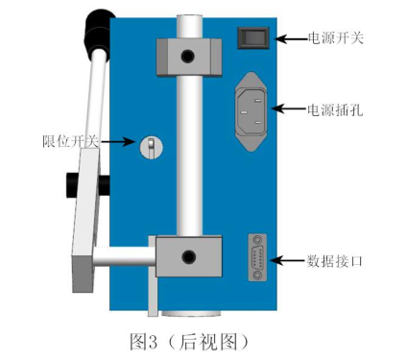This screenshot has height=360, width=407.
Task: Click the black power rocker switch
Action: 251,37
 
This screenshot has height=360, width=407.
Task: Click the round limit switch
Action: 150,146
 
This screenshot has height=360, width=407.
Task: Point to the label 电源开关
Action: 336,38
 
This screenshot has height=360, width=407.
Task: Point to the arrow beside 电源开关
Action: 290,38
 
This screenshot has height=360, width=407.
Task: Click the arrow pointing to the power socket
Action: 290,108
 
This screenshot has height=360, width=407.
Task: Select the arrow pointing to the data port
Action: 290,260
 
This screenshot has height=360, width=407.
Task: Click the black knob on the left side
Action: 74,180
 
